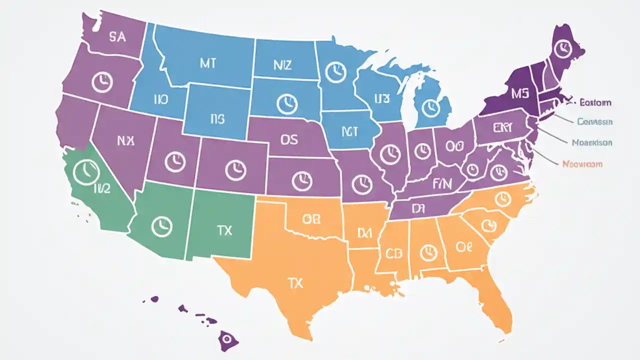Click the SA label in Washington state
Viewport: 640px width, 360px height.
coord(117,37)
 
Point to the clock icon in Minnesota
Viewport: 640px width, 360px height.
coord(335,72)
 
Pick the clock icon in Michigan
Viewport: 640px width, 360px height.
coord(429,107)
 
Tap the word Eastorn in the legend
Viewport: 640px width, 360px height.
coord(595,103)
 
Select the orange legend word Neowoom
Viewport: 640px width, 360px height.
coord(582,164)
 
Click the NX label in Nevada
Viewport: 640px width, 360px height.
coord(125,141)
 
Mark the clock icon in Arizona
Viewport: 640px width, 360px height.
coord(161,226)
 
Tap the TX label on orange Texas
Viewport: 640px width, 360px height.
coord(295,283)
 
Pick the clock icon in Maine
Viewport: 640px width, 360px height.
coord(562,47)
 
